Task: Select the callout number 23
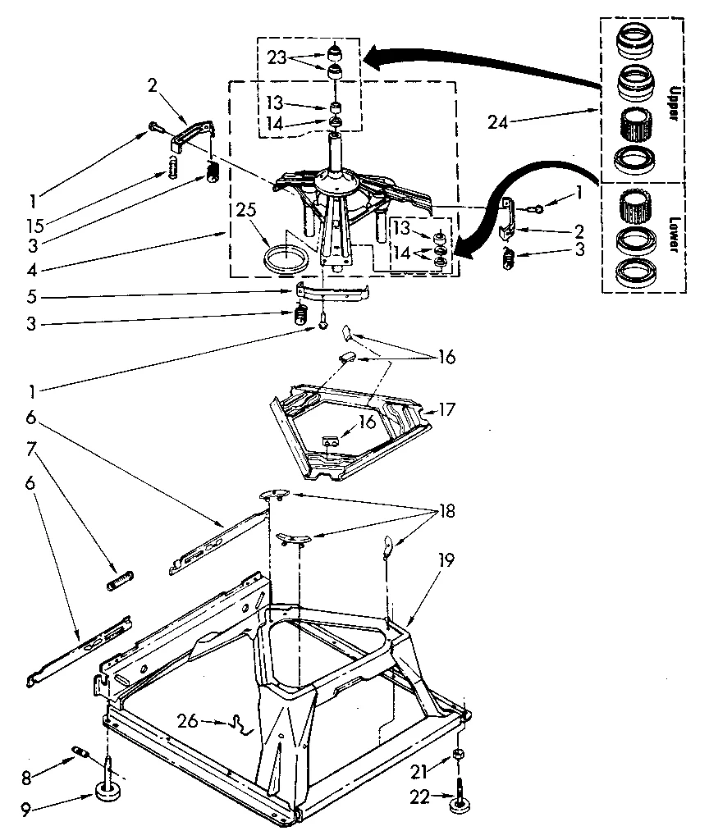pos(277,58)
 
